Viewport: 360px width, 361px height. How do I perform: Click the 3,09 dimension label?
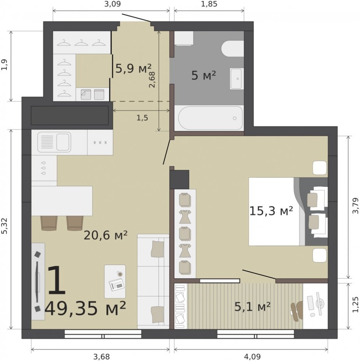(x=112, y=4)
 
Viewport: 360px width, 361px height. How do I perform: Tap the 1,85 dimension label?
(x=209, y=4)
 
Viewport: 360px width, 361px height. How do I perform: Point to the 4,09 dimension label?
(x=252, y=357)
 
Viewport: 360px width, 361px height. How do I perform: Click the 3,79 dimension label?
(x=356, y=206)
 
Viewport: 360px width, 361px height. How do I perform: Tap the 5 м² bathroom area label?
(x=204, y=75)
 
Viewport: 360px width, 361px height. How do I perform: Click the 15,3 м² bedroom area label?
(x=271, y=211)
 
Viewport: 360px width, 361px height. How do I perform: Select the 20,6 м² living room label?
(x=106, y=235)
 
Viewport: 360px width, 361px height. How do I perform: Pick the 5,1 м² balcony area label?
(x=252, y=306)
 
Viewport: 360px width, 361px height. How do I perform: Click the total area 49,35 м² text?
(x=85, y=309)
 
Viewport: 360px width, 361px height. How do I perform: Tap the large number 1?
(x=57, y=280)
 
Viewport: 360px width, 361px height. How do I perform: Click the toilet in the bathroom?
(x=232, y=48)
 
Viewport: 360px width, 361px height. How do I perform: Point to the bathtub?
(x=211, y=118)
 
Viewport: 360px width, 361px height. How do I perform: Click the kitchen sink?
(x=54, y=142)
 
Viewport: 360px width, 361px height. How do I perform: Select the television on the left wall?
(x=37, y=281)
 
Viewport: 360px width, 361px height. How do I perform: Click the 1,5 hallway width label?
(x=142, y=118)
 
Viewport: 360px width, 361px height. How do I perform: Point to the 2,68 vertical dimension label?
(x=152, y=79)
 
